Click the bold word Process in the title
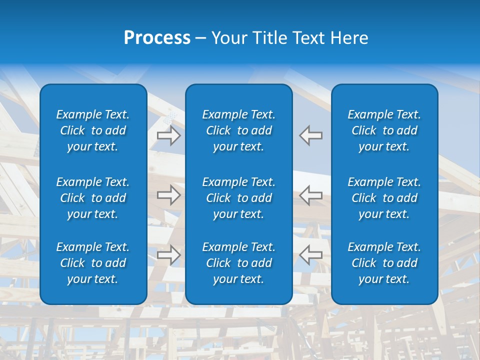[157, 38]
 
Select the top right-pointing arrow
[168, 135]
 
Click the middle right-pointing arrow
[168, 195]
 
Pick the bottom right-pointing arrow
[168, 255]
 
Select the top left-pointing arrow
[311, 135]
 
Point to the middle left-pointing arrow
[311, 195]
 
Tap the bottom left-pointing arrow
[311, 255]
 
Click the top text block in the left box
[93, 130]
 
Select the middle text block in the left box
[93, 198]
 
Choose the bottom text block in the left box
[93, 263]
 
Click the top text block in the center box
[239, 130]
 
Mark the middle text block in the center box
[239, 198]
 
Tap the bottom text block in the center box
[239, 263]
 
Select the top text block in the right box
[384, 130]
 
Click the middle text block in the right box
[384, 198]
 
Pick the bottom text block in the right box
[384, 263]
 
